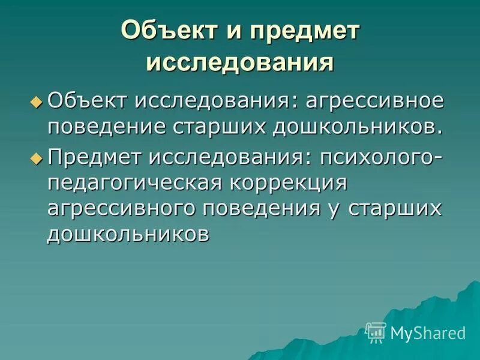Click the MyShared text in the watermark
428,332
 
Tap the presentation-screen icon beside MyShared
376,332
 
